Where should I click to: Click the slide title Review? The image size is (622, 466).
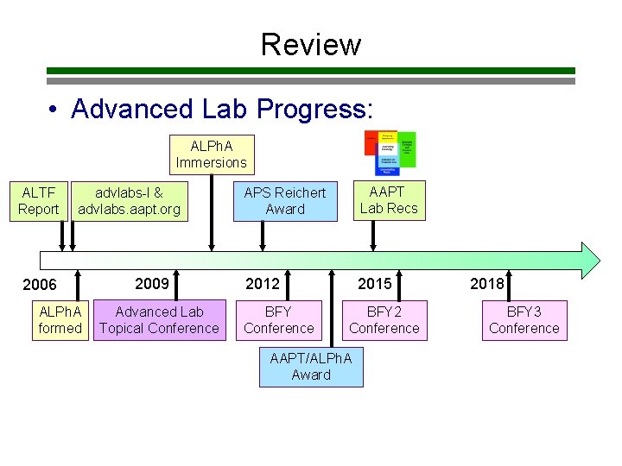coord(311,44)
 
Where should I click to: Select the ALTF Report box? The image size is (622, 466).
coord(39,200)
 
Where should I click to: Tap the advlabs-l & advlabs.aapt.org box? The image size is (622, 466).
coord(129,200)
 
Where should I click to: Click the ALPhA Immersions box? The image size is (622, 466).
coord(211,154)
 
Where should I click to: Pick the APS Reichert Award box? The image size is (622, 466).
coord(285,200)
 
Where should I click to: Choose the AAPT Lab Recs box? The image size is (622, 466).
coord(388,199)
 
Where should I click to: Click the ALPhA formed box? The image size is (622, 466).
coord(60,319)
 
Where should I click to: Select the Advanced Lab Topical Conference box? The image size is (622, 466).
coord(159,319)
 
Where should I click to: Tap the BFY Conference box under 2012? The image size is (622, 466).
coord(278,319)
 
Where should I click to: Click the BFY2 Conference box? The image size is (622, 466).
coord(384,319)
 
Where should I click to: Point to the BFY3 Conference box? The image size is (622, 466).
coord(524,319)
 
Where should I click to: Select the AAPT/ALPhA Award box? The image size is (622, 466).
coord(311,366)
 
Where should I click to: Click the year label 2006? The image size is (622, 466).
coord(40,285)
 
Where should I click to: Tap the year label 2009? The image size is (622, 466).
coord(152,283)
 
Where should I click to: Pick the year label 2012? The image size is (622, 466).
coord(263,283)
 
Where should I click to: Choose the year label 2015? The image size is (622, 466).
coord(374,283)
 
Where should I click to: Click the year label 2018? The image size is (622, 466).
coord(486,283)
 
